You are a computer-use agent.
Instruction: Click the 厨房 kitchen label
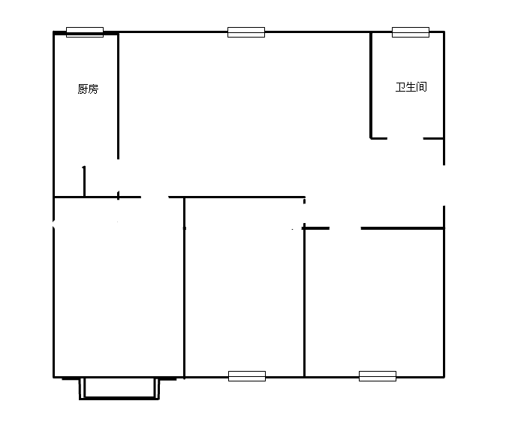[x=88, y=89]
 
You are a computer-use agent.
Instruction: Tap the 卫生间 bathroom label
[x=411, y=87]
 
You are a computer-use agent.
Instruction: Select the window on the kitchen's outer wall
[x=85, y=32]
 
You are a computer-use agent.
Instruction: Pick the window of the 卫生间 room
[x=411, y=32]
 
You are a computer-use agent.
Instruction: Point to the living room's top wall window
[x=246, y=32]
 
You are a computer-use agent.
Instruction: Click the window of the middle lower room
[x=247, y=376]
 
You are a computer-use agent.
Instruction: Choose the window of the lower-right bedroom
[x=378, y=376]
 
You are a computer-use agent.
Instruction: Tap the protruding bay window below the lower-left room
[x=119, y=389]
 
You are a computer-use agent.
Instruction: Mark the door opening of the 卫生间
[x=405, y=139]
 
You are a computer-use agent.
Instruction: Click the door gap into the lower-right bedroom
[x=345, y=228]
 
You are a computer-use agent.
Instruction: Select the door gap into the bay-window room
[x=155, y=197]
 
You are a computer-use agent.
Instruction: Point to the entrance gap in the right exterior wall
[x=444, y=185]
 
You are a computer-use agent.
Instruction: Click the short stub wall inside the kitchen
[x=84, y=181]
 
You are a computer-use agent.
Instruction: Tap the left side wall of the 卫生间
[x=371, y=86]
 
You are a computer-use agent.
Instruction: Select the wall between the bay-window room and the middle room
[x=185, y=288]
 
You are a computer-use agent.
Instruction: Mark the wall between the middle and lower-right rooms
[x=305, y=303]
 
